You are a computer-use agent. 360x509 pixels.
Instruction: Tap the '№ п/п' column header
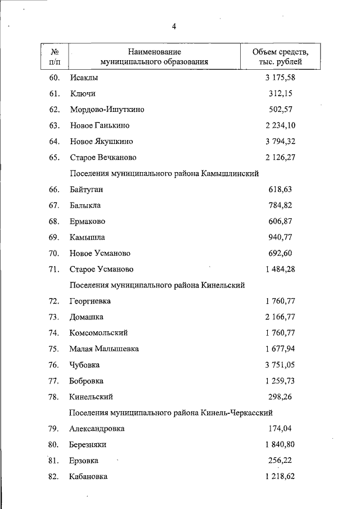coord(55,57)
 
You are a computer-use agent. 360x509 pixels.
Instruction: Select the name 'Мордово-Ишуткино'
coord(107,110)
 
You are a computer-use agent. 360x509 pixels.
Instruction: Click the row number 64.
coord(54,141)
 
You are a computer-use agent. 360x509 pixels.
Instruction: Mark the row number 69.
coord(54,237)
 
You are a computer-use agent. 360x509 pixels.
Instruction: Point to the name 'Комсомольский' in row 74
coord(98,333)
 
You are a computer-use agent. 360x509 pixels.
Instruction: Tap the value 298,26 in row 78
coord(280,397)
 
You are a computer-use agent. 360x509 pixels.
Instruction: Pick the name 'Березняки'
coord(88,444)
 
